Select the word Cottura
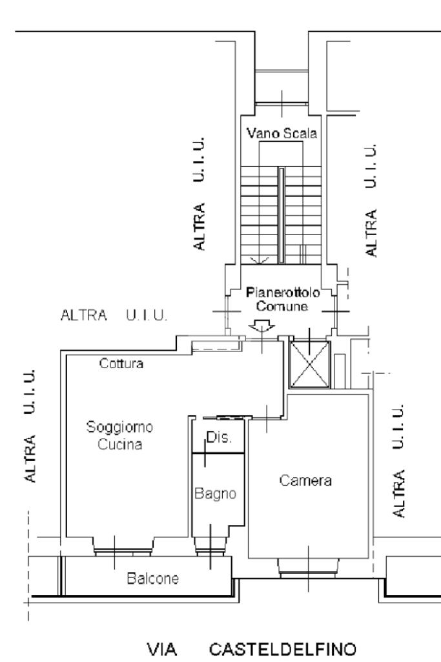point(121,364)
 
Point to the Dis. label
point(214,438)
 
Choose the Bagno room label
point(212,494)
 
